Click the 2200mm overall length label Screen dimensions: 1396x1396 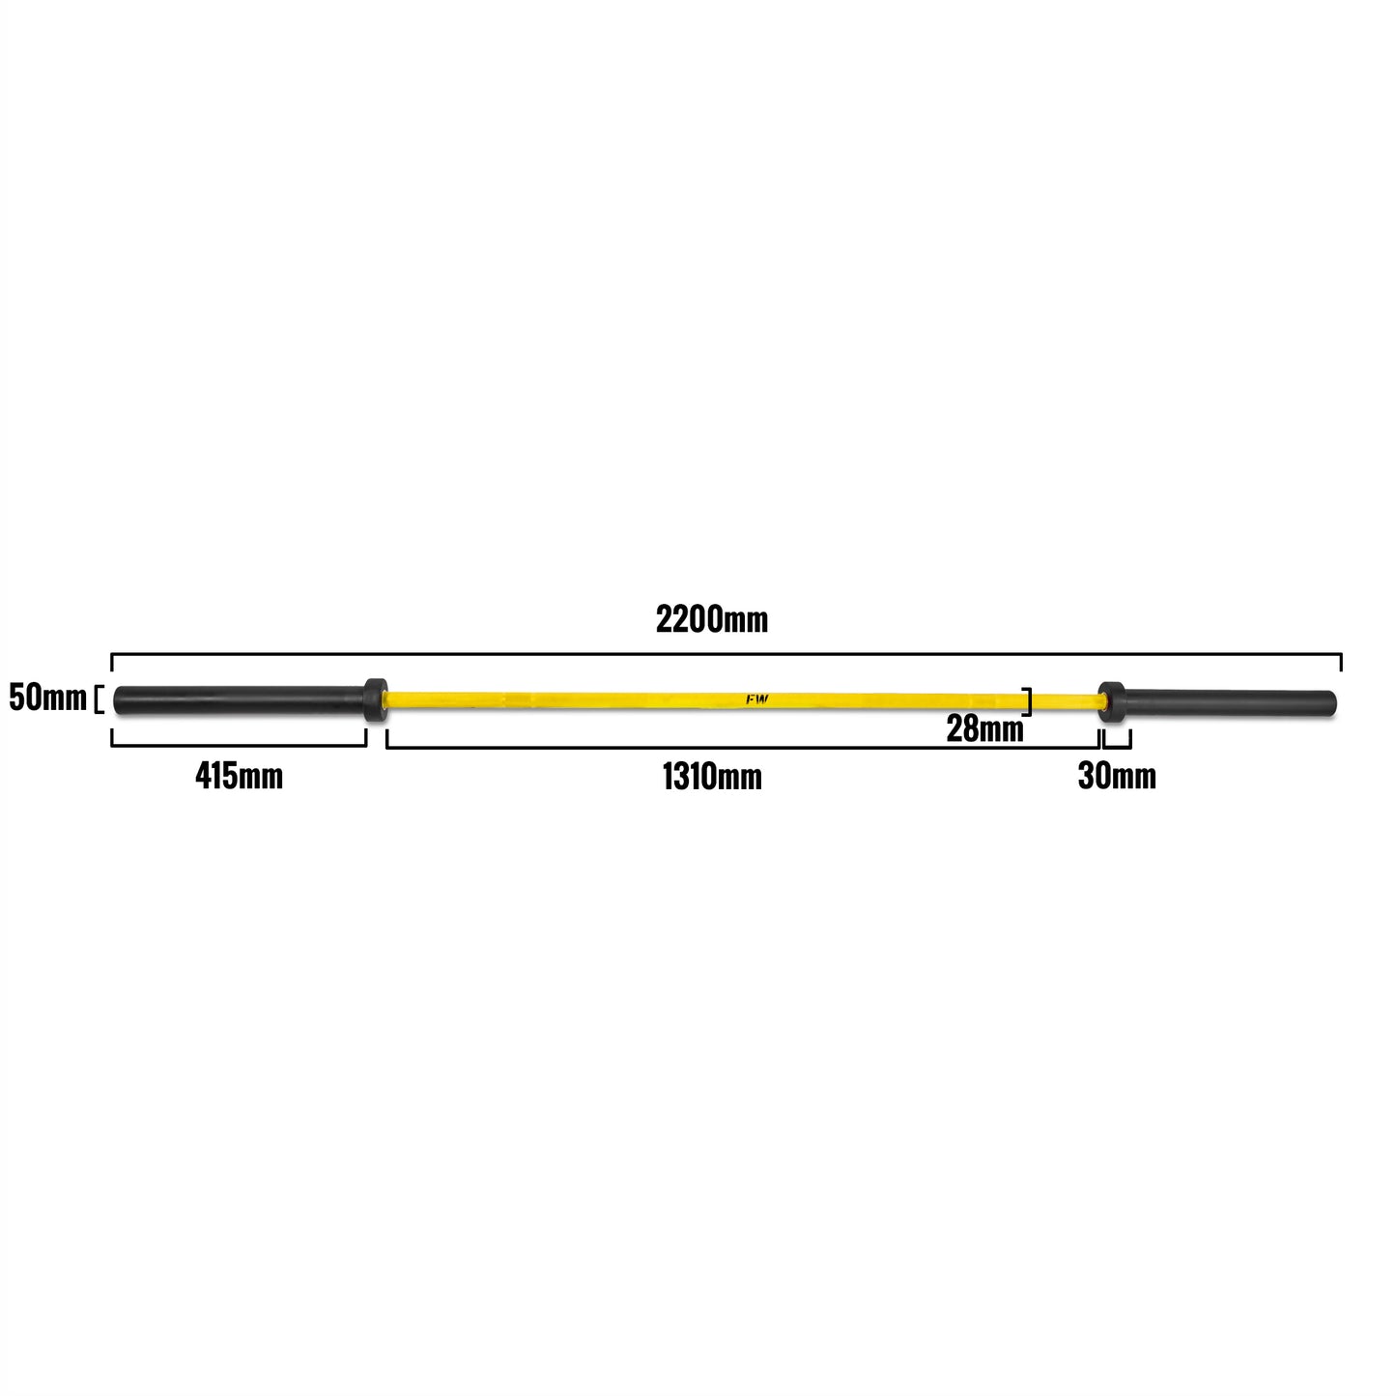(711, 620)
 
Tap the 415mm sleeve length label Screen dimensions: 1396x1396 (239, 776)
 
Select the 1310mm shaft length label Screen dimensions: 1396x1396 (712, 778)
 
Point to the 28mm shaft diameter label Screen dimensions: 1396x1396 (984, 728)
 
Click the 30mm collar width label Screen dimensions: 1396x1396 (1117, 776)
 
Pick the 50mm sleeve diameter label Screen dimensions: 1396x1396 (47, 698)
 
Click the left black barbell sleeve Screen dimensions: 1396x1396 (240, 700)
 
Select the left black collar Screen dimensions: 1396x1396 (375, 699)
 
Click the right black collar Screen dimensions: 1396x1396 (1111, 702)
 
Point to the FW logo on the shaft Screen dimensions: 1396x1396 (757, 699)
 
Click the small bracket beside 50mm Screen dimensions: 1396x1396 (100, 698)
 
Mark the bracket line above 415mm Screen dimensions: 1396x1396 (239, 745)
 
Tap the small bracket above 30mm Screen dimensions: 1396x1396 (1117, 746)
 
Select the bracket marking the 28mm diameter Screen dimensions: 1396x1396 (1027, 701)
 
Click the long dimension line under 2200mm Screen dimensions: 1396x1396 (726, 654)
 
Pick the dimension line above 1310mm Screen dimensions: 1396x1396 (743, 747)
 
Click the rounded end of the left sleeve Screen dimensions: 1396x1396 (117, 700)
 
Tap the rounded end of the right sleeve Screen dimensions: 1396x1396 (1333, 705)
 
